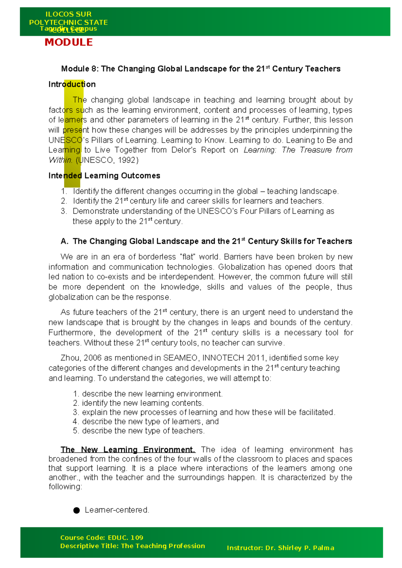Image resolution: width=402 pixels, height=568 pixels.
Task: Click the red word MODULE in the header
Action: (69, 42)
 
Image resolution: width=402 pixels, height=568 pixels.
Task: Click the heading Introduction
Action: (72, 84)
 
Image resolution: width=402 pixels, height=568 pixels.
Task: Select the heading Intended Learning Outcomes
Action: (104, 175)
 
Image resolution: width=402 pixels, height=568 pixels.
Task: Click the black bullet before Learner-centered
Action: (76, 510)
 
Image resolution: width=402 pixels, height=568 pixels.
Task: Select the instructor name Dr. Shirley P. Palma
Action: (299, 548)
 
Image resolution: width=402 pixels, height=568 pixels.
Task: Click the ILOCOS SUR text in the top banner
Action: (68, 14)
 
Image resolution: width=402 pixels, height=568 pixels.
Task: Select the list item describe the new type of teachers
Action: (143, 431)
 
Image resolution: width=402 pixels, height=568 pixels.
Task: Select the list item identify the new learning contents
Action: (142, 403)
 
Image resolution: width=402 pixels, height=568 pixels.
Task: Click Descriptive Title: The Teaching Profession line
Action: (132, 546)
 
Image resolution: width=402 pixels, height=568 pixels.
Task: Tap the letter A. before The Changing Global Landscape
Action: (65, 241)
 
